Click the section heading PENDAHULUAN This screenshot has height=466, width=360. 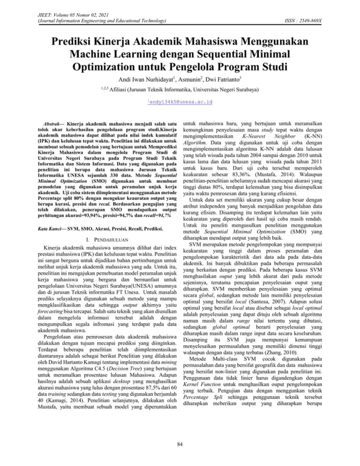[106, 231]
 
